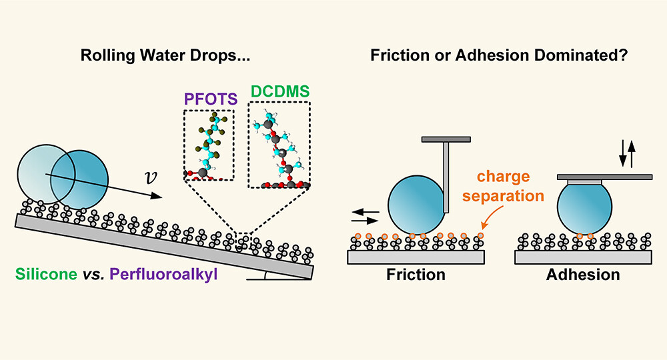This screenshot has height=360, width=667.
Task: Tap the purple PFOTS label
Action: pyautogui.click(x=207, y=99)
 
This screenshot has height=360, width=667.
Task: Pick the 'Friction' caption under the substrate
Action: pyautogui.click(x=416, y=274)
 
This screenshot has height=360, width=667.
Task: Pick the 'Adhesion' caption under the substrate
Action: pyautogui.click(x=584, y=274)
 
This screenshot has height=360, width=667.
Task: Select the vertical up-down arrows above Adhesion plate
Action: pyautogui.click(x=627, y=153)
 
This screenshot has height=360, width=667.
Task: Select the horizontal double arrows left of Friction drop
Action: pyautogui.click(x=365, y=217)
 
